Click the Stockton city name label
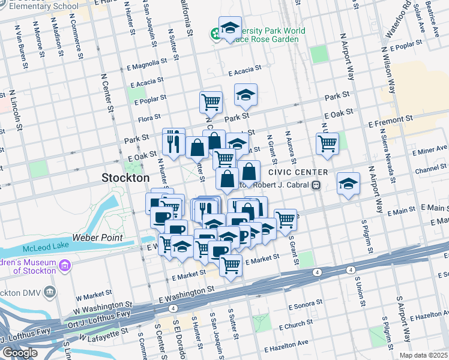point(125,178)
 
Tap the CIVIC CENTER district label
point(294,172)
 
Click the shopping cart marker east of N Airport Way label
point(327,143)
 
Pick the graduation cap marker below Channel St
point(348,184)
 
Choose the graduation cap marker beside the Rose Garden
point(230,28)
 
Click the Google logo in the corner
point(20,353)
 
